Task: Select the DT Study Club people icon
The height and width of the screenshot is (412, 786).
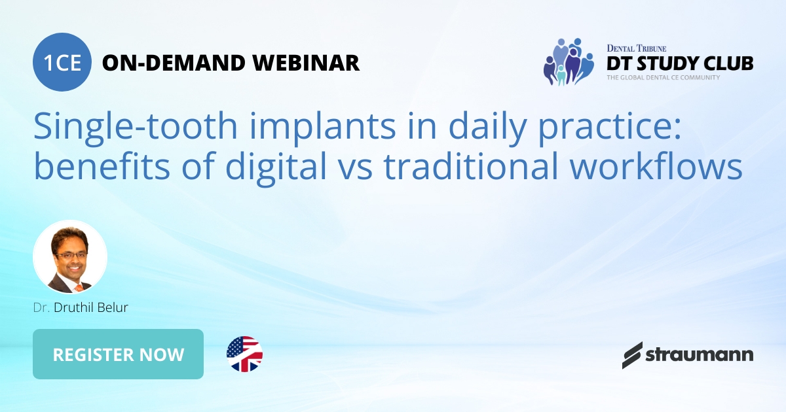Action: pos(567,62)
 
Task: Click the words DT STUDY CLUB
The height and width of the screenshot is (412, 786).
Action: pos(679,63)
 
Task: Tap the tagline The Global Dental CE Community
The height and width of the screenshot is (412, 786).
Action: pos(663,77)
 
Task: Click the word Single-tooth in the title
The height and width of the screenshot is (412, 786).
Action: pos(119,126)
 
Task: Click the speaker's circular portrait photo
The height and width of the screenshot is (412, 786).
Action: pos(70,256)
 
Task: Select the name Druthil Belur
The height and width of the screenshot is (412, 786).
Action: pos(90,307)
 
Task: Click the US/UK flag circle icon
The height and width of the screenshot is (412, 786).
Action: pos(244,354)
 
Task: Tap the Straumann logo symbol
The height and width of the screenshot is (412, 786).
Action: pos(632,355)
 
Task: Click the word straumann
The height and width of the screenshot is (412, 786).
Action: pos(700,355)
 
